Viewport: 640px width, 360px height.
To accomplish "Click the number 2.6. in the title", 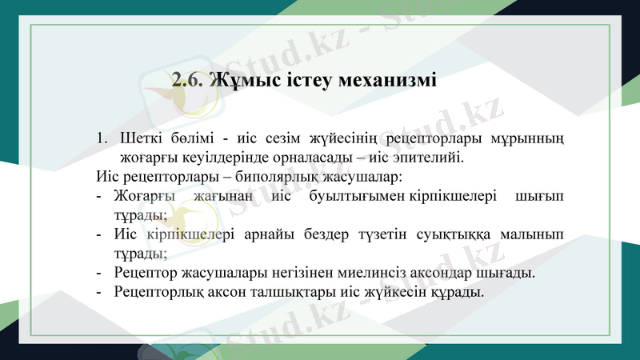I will coord(189,81).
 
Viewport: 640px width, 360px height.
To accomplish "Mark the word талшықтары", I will coord(293,292).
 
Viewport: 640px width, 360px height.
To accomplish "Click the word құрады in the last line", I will coord(458,292).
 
